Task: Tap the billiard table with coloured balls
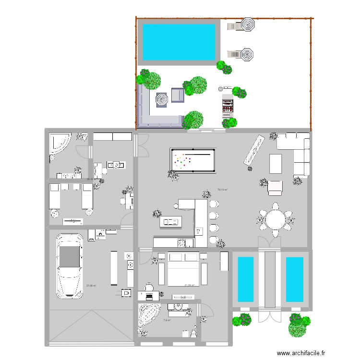point(192,159)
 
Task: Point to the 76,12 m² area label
point(222,190)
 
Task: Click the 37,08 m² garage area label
point(91,286)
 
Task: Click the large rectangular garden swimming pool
point(179,42)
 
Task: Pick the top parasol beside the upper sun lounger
point(248,25)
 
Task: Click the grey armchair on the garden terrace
point(177,96)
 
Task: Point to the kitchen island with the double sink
point(171,222)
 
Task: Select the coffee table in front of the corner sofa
point(276,163)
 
